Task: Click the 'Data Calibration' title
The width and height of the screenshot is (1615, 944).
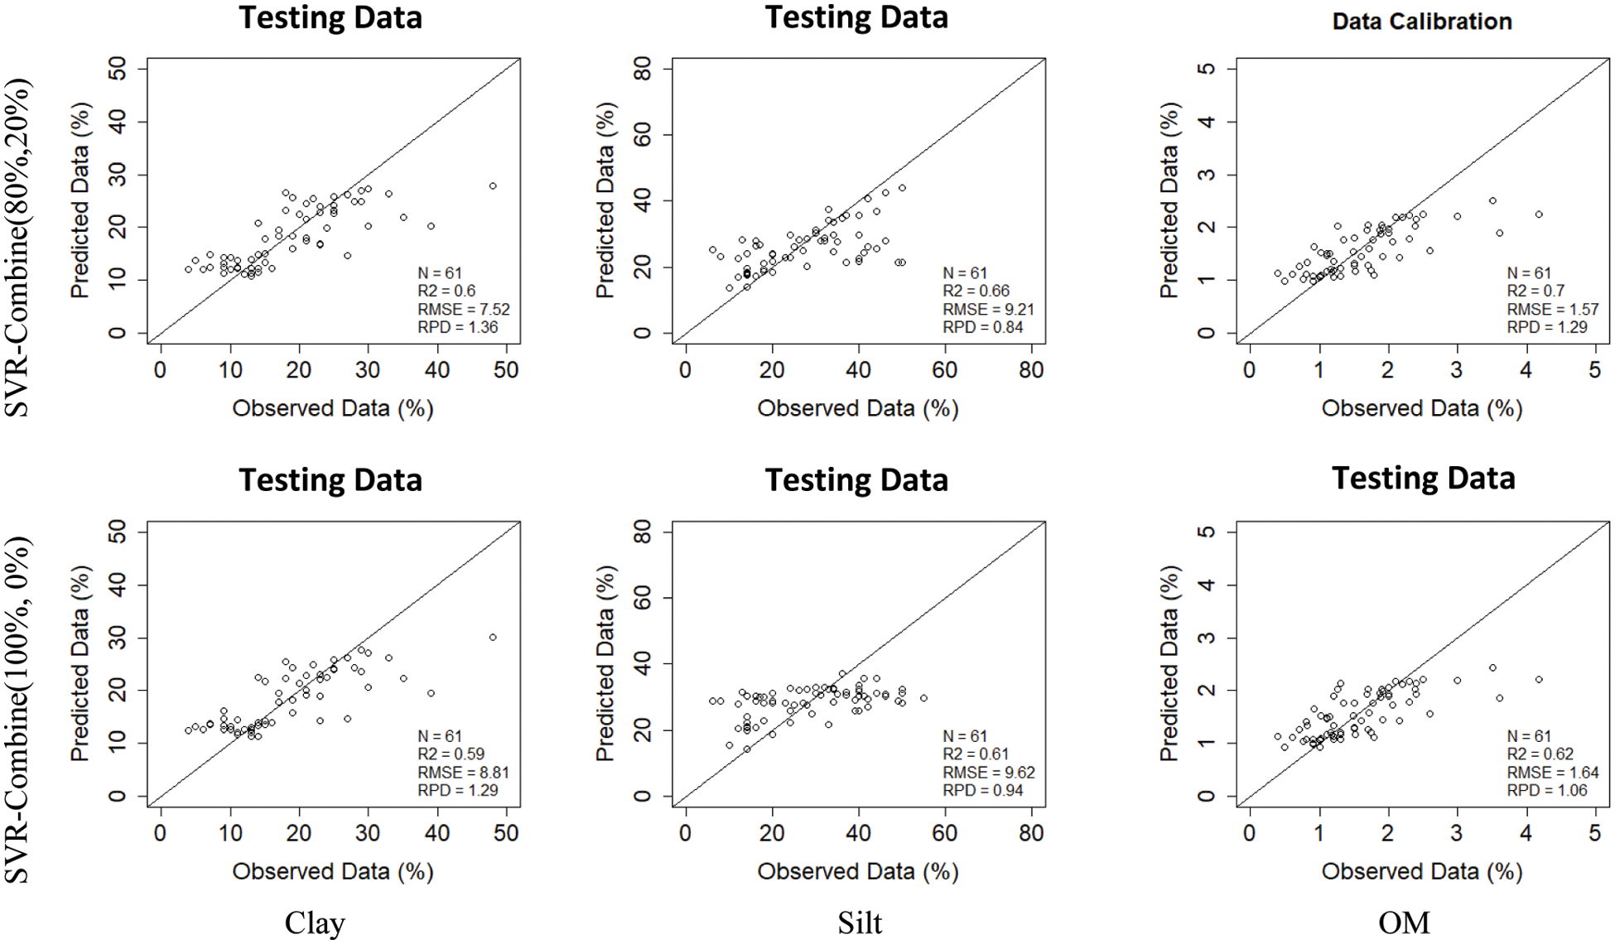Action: (x=1421, y=22)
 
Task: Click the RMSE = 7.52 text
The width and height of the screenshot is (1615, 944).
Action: (x=463, y=309)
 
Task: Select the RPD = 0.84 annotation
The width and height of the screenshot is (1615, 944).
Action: (x=982, y=327)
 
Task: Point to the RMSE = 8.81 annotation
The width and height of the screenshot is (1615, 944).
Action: (x=463, y=772)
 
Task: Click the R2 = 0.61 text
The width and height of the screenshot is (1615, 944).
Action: (x=976, y=754)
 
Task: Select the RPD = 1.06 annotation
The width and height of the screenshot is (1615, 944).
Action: (x=1546, y=790)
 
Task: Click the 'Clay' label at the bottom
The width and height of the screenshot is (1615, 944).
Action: (x=314, y=922)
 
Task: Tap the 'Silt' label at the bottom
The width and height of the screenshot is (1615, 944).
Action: (x=859, y=922)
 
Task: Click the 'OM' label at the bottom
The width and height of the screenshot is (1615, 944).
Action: (x=1404, y=922)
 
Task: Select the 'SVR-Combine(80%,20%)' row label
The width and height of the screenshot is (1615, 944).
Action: (x=18, y=247)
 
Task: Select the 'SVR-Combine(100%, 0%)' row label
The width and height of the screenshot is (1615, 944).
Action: (x=18, y=709)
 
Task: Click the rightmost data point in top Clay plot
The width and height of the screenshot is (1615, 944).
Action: (x=493, y=186)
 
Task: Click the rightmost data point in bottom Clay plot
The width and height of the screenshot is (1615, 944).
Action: (x=493, y=638)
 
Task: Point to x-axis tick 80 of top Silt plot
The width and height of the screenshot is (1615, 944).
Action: (x=1031, y=370)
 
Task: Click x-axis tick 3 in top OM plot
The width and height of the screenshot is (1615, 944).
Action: (x=1457, y=370)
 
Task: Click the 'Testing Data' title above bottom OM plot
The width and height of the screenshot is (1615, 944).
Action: (x=1423, y=479)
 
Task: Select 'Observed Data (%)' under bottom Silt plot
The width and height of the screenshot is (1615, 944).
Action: (x=857, y=871)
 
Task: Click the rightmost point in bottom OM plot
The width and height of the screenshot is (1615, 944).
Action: (x=1539, y=680)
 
